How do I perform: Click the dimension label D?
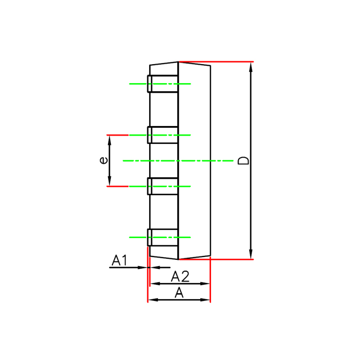point(243,160)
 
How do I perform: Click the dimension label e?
point(102,160)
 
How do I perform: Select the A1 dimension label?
point(120,260)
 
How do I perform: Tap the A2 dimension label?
point(180,276)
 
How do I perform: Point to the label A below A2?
point(179,292)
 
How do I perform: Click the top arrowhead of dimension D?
point(251,66)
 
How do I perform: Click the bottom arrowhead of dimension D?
point(251,255)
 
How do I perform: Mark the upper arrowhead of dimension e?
point(110,139)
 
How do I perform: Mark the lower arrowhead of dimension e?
point(110,182)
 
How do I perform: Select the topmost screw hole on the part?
point(163,84)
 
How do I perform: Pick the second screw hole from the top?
point(163,135)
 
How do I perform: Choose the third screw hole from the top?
point(163,186)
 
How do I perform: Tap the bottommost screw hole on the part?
point(163,237)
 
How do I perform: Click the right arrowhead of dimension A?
point(206,300)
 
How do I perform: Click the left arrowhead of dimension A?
point(151,300)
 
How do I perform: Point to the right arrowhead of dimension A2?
point(206,284)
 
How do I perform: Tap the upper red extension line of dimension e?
point(118,135)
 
